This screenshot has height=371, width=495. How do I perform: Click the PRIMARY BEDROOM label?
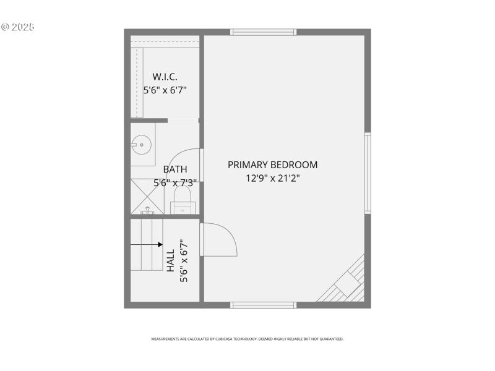[272, 165]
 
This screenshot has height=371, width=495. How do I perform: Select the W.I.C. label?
[165, 77]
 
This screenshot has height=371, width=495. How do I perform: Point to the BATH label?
[175, 169]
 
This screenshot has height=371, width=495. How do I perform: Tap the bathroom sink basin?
[142, 145]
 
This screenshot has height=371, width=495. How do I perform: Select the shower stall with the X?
[147, 196]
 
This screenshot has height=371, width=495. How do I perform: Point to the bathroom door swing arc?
[183, 164]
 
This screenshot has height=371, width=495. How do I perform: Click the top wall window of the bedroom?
[263, 32]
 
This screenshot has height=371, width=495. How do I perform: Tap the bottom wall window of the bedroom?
[263, 304]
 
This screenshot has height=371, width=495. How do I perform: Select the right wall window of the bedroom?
[368, 173]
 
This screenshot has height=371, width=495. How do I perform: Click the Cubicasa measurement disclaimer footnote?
[247, 339]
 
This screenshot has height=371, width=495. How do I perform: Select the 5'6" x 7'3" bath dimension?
[175, 183]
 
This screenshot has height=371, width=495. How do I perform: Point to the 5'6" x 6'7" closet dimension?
[165, 90]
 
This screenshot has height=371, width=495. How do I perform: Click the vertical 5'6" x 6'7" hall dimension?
[183, 261]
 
